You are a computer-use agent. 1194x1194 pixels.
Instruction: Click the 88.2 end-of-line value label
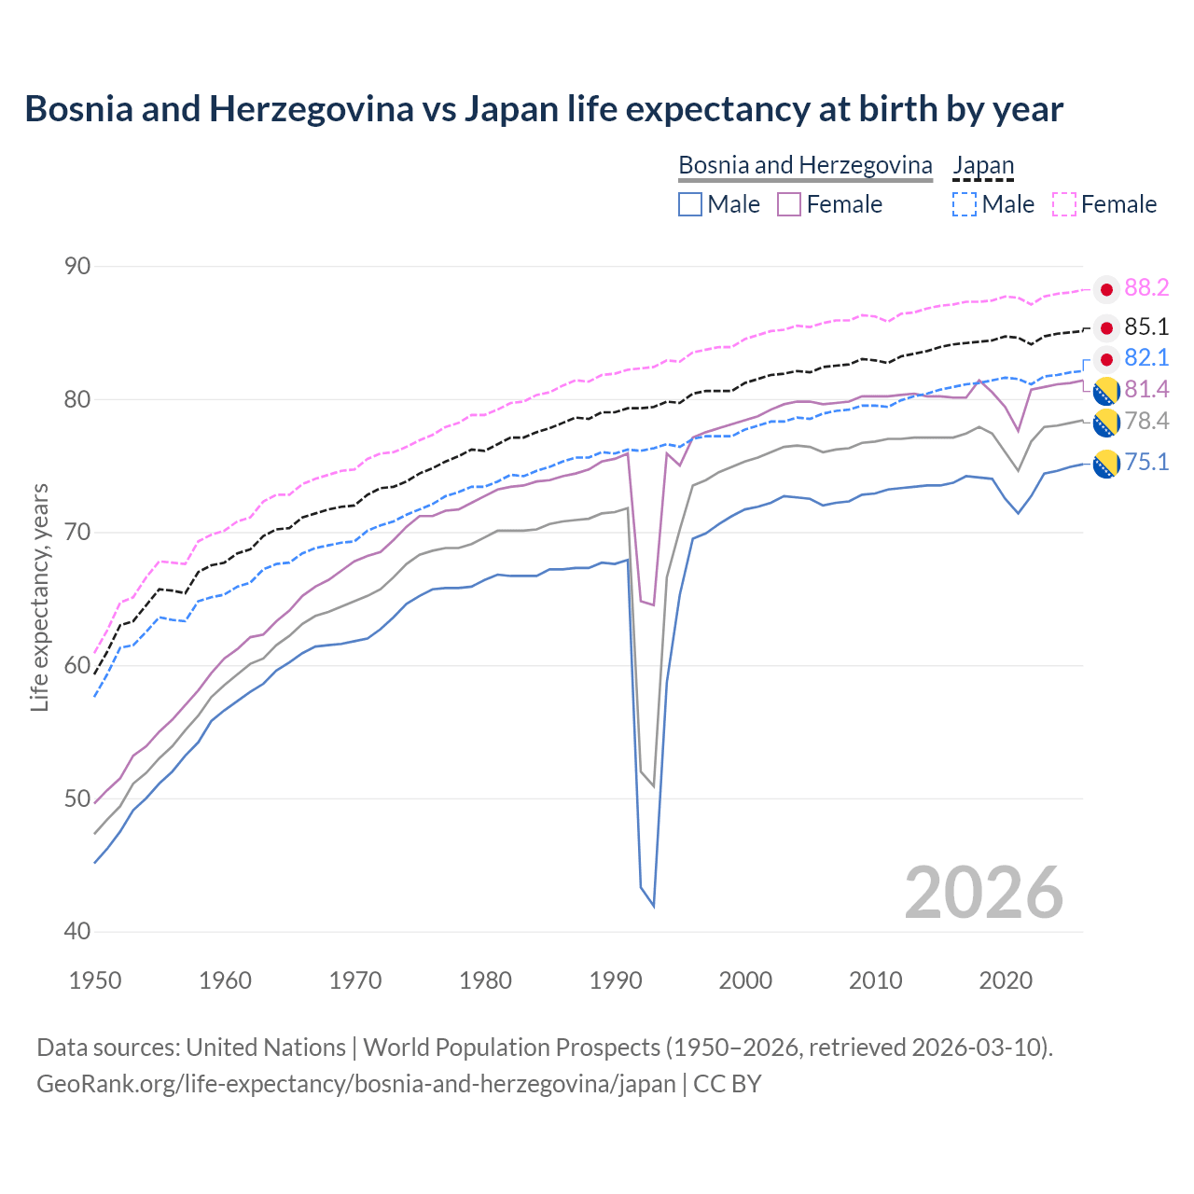click(x=1146, y=288)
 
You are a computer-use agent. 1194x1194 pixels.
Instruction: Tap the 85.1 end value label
click(x=1146, y=327)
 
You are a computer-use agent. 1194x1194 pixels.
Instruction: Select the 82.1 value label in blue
click(x=1146, y=358)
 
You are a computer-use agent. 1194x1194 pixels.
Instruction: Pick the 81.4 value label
click(x=1146, y=389)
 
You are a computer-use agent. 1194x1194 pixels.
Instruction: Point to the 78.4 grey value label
click(x=1146, y=422)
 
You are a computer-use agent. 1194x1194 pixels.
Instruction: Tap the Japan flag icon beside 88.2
click(x=1106, y=290)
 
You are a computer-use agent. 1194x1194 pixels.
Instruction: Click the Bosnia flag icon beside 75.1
click(x=1106, y=464)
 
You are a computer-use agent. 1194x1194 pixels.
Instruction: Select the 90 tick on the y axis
click(x=77, y=267)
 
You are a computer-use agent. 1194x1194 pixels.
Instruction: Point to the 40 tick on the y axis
click(x=77, y=932)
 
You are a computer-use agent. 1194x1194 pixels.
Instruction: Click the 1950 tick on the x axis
click(x=95, y=980)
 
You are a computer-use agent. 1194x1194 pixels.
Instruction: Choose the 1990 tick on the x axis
click(x=616, y=980)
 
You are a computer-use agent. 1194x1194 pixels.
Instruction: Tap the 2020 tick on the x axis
click(x=1006, y=980)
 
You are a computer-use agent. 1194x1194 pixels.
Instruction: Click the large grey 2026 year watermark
click(x=983, y=894)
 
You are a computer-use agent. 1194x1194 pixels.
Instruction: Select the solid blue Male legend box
click(x=690, y=204)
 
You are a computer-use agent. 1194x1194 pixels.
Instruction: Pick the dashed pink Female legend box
click(x=1064, y=204)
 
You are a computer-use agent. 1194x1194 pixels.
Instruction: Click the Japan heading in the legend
click(x=983, y=166)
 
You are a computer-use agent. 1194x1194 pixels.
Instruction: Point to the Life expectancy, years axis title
click(x=40, y=598)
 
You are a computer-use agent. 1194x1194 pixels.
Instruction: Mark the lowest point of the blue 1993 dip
click(x=653, y=906)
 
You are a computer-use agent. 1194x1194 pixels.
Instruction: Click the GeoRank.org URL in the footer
click(x=355, y=1084)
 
